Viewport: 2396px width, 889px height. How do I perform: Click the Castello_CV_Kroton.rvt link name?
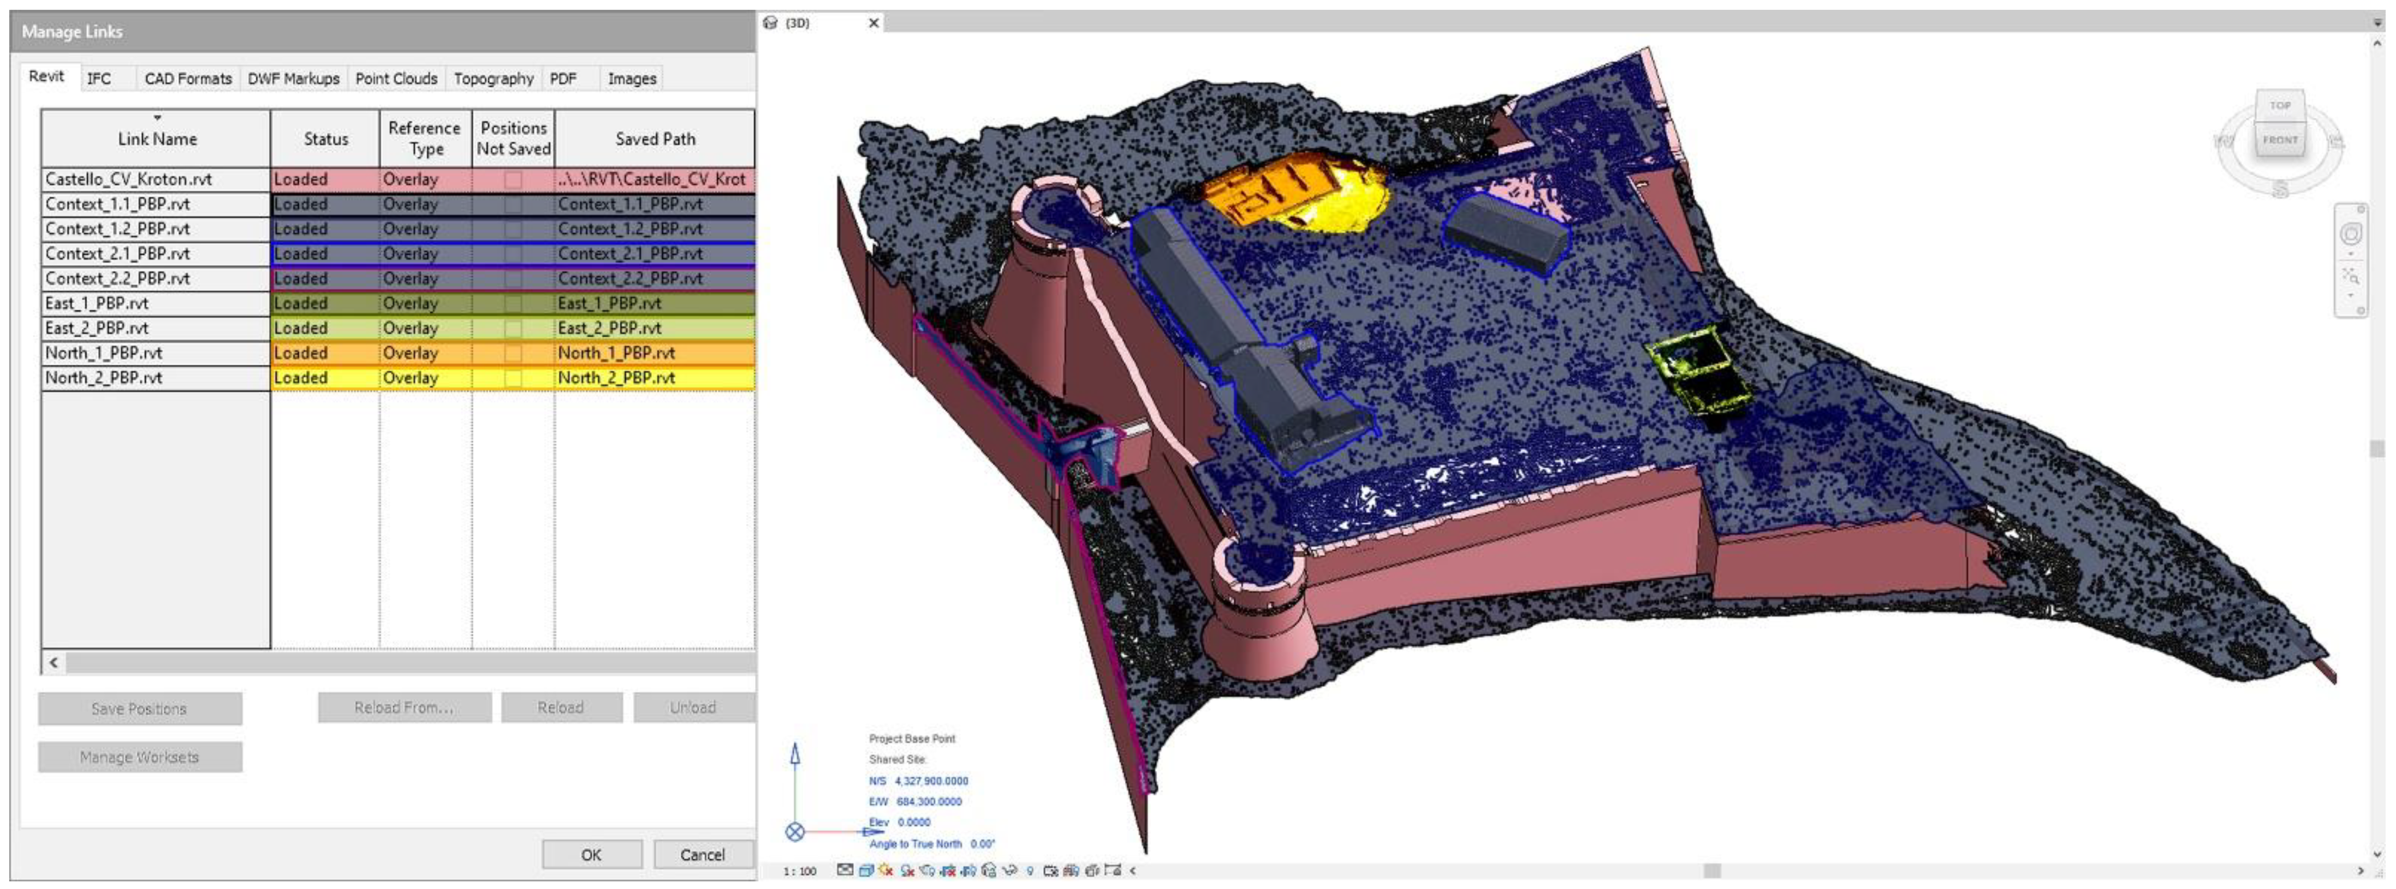click(x=129, y=179)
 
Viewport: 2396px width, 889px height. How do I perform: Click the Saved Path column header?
click(x=655, y=138)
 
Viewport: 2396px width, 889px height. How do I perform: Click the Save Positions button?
click(x=140, y=709)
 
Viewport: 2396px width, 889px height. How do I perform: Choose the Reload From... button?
click(x=404, y=707)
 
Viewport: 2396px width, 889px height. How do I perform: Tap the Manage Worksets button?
click(x=140, y=757)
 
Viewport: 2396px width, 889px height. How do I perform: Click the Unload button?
click(x=693, y=707)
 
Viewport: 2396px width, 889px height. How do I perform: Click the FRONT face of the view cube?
click(x=2280, y=141)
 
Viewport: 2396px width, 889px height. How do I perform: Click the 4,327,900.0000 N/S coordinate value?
click(x=931, y=781)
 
